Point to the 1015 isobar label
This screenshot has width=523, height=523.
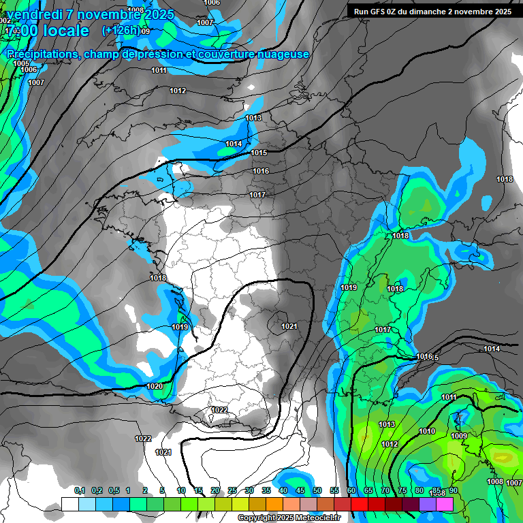tap(259, 153)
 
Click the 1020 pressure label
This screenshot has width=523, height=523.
tap(155, 387)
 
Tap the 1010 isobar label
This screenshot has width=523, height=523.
tap(427, 432)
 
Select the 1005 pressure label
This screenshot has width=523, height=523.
tap(21, 63)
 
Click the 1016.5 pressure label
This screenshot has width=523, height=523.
tap(427, 358)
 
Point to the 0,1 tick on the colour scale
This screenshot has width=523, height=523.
tap(80, 491)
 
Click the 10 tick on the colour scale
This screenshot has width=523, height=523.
tap(181, 491)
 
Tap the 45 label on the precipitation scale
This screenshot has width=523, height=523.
tap(300, 491)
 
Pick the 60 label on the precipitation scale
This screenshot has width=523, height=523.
tap(351, 491)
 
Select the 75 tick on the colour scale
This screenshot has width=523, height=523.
tap(402, 491)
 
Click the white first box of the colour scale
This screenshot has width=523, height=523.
tap(69, 504)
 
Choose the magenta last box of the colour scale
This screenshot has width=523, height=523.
tap(445, 504)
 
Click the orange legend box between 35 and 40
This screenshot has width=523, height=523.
tap(274, 504)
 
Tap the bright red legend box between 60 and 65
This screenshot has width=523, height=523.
tap(360, 504)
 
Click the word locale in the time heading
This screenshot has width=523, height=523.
tap(65, 31)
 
